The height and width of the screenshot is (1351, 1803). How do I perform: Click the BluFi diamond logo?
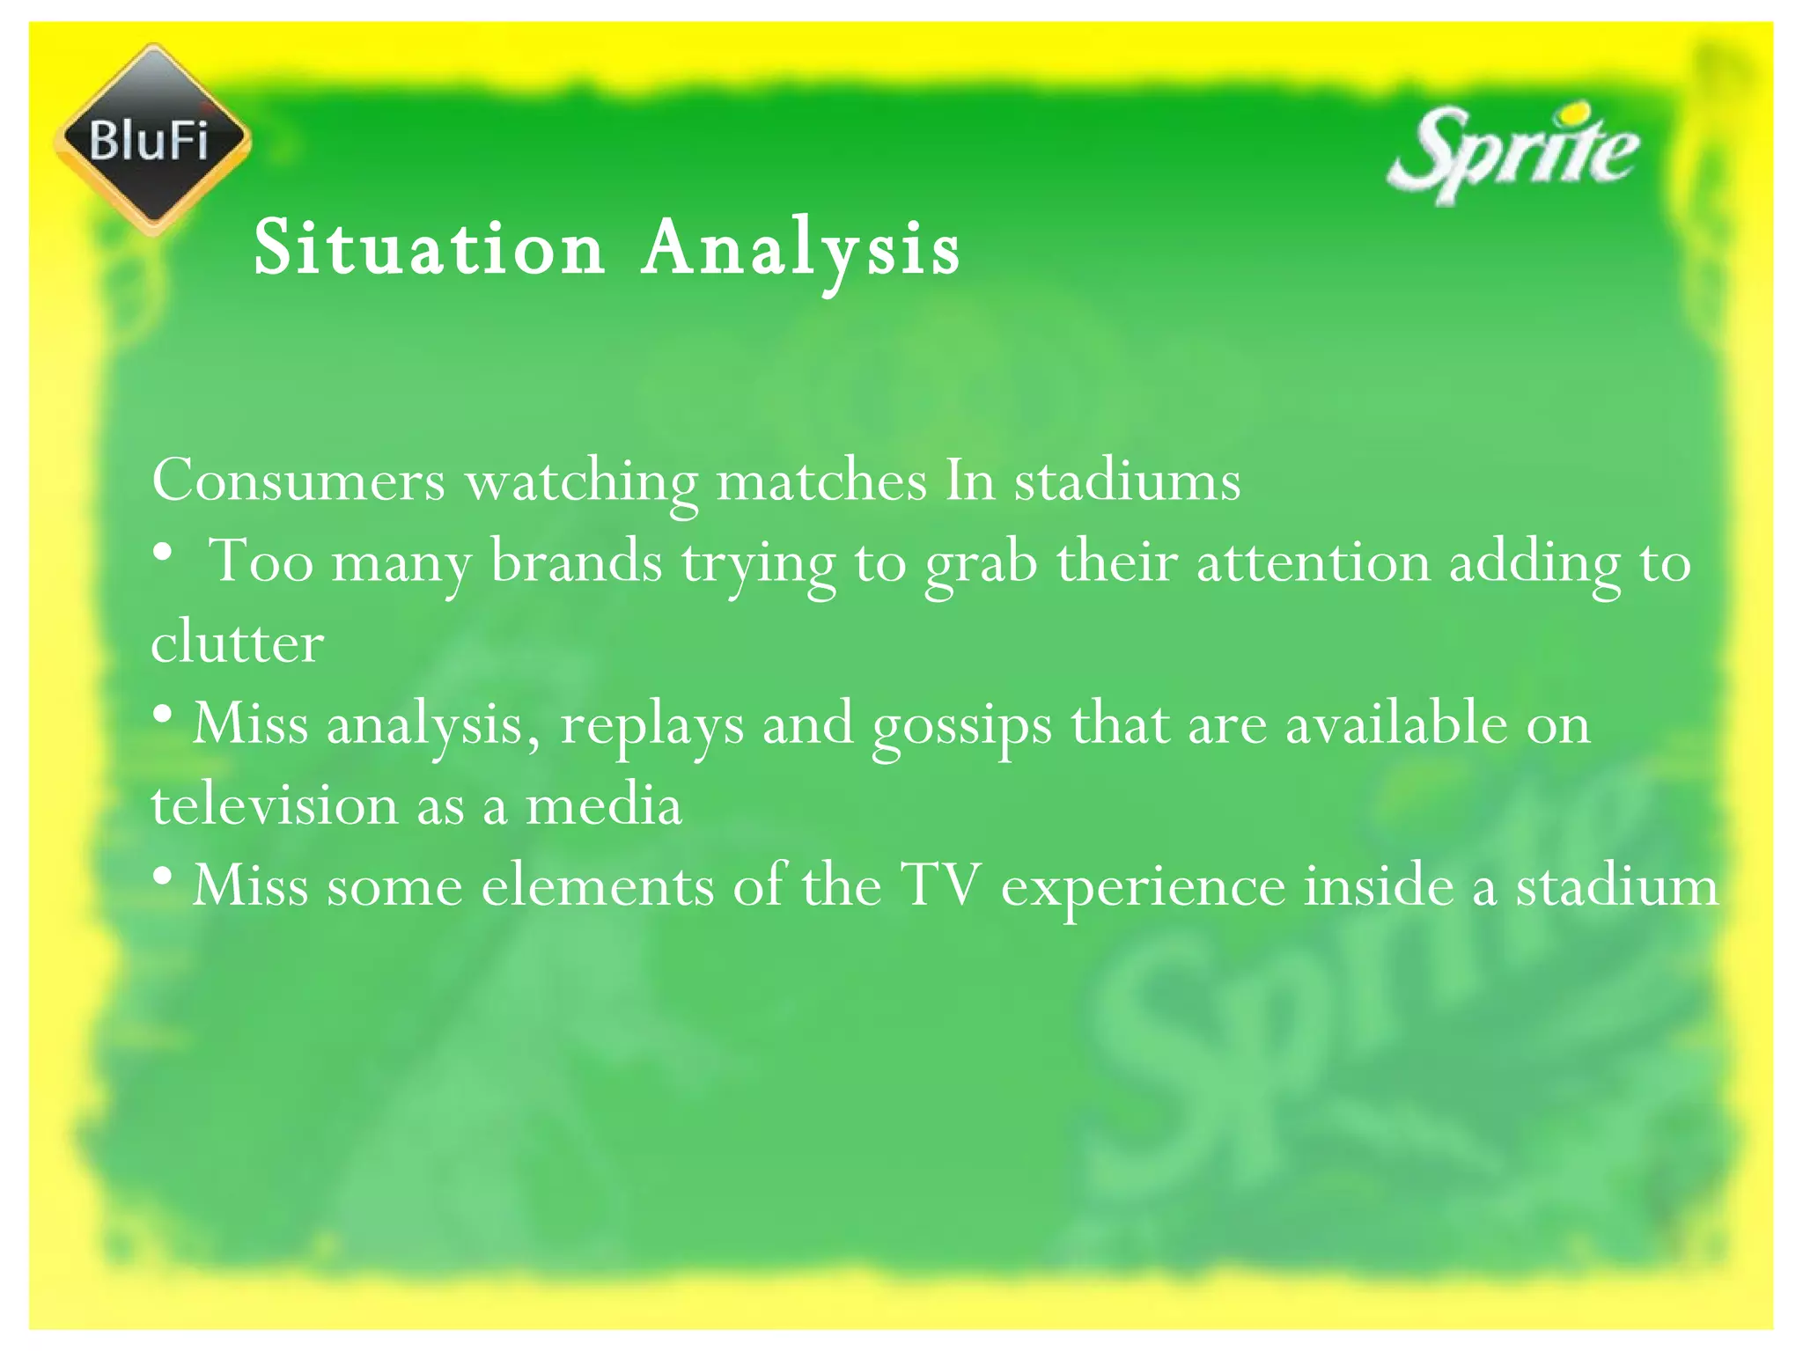click(152, 139)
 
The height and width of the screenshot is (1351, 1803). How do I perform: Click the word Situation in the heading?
click(429, 248)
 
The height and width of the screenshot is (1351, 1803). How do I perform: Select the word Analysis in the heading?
click(800, 250)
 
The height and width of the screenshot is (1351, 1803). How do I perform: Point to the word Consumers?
click(298, 481)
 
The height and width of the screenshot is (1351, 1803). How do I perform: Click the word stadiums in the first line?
click(1127, 481)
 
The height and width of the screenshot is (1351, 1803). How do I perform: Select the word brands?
click(576, 562)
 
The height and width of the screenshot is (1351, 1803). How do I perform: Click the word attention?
click(1313, 562)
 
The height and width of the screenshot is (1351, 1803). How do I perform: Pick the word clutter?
click(237, 642)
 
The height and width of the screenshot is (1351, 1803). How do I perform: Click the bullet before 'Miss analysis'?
click(162, 716)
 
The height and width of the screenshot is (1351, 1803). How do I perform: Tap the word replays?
click(651, 725)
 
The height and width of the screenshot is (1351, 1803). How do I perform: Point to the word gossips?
click(961, 725)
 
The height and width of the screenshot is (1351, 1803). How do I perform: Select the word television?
click(275, 804)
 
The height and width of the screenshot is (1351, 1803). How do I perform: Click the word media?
click(603, 804)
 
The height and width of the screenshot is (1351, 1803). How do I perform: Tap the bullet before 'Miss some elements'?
click(162, 877)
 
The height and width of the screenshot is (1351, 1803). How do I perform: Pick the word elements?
click(597, 885)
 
